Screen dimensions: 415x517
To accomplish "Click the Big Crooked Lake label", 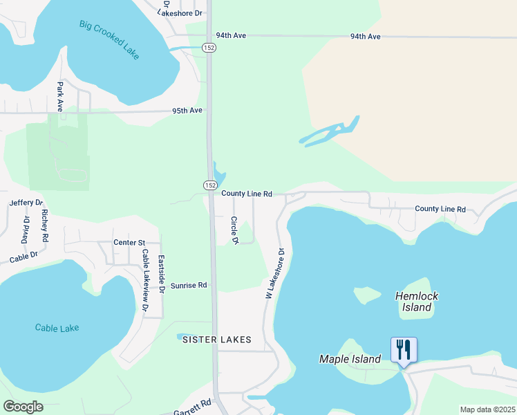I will pos(109,39).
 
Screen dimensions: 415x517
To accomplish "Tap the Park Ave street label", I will pos(60,97).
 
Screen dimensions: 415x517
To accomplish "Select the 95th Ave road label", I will pos(187,111).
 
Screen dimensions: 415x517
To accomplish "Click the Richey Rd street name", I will pos(45,225).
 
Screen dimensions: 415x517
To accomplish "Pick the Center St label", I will pos(129,243).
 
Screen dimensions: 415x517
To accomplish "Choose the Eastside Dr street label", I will pos(161,273).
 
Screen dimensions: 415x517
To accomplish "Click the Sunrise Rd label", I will pos(189,285).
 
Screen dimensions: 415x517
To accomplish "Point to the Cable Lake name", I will pos(57,328).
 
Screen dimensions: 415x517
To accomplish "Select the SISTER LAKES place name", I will pos(216,340).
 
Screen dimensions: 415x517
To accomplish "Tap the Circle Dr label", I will pos(234,230).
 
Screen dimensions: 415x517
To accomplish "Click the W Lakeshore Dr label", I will pos(274,274).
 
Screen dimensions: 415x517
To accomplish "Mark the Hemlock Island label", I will pos(417,302).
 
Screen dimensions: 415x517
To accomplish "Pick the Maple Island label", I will pos(350,359).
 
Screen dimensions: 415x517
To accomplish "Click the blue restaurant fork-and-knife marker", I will pos(404,349).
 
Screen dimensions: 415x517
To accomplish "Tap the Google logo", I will pos(23,407).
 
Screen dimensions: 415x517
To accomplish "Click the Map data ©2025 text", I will pos(487,409).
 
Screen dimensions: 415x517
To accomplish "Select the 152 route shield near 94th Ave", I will pos(209,47).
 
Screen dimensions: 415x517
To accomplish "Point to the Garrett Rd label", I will pos(193,407).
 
